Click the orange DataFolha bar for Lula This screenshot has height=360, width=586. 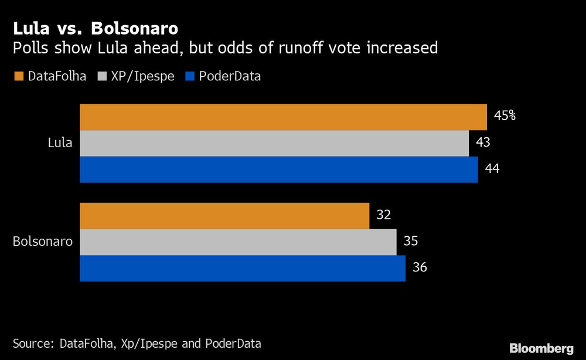(x=283, y=117)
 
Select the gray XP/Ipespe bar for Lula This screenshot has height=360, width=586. (x=274, y=143)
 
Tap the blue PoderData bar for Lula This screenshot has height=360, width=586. (x=279, y=169)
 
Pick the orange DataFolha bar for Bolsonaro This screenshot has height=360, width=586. (x=224, y=216)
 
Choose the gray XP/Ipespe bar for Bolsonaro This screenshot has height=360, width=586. (x=238, y=242)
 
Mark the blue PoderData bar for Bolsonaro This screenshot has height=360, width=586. (x=243, y=269)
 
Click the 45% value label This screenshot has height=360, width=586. (x=505, y=116)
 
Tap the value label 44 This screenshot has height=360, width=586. (x=492, y=168)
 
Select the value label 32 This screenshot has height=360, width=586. (x=383, y=215)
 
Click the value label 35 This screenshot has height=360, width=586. (x=410, y=241)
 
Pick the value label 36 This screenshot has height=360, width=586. (x=420, y=267)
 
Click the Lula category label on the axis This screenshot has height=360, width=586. (x=60, y=143)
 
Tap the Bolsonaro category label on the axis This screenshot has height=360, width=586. (x=43, y=242)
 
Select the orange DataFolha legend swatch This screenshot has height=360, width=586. (x=17, y=76)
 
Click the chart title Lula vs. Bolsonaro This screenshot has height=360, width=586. (x=96, y=28)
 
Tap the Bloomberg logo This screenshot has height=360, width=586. (x=541, y=348)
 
